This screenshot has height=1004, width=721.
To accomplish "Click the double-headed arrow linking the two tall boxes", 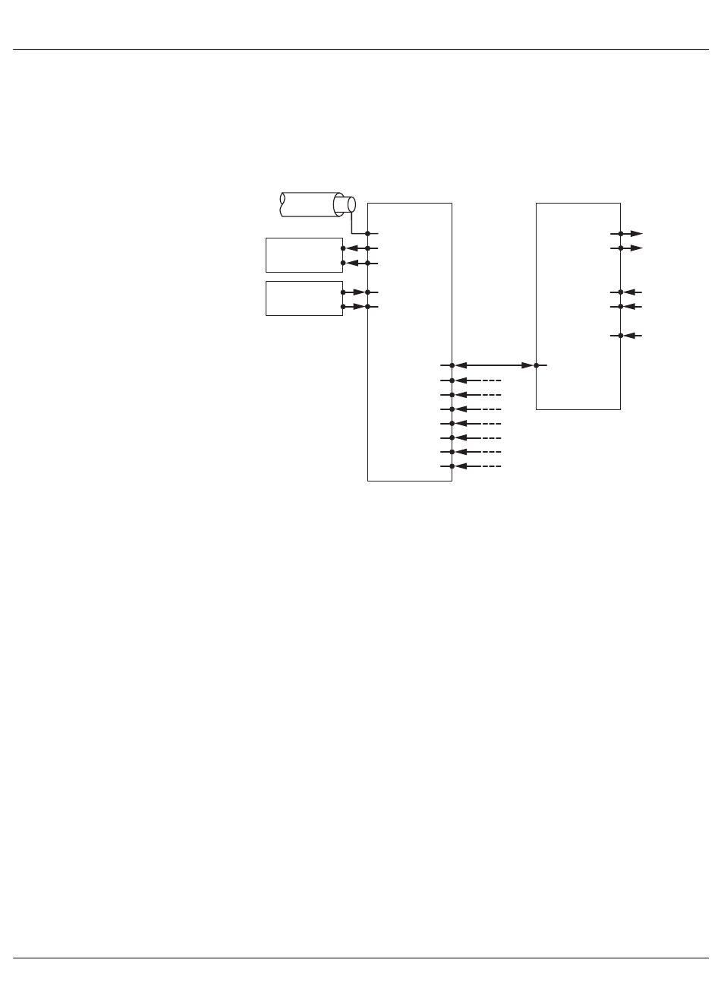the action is coord(494,365).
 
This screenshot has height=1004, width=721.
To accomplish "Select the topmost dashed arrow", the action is coord(477,380).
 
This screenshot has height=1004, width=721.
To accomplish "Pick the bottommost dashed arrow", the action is coord(477,466).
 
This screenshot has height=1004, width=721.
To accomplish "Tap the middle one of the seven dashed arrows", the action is coord(477,424).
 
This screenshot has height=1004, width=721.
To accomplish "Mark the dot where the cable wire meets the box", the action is coord(367,234).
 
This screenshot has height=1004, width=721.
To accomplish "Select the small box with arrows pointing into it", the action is coord(304,255).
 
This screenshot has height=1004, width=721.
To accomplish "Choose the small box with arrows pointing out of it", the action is coord(304,298).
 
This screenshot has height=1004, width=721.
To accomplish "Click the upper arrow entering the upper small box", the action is coord(355,248).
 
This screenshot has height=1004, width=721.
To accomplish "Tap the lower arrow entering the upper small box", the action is coord(355,263).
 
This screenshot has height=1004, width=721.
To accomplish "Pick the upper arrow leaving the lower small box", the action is coord(355,292).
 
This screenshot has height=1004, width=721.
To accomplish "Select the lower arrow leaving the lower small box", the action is coord(355,307).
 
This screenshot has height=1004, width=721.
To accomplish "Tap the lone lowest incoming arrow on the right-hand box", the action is coord(631,336).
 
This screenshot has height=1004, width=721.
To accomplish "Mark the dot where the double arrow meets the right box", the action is coord(537,365).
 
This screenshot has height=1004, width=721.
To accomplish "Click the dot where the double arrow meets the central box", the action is coord(452,365).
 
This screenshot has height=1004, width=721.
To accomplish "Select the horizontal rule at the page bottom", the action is coord(360,958).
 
